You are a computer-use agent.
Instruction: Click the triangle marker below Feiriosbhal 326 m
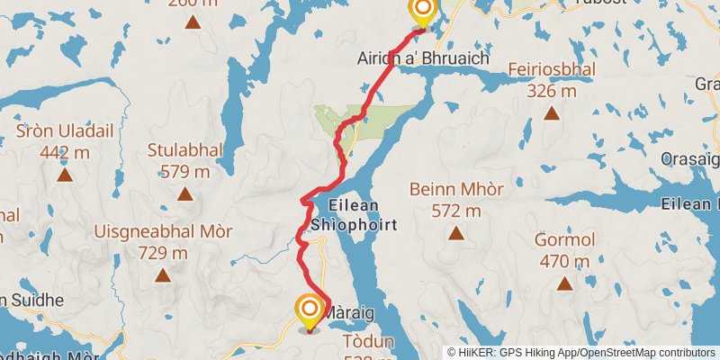(x=552, y=114)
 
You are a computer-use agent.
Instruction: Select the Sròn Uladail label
(x=65, y=131)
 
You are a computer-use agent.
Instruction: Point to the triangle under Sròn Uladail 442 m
(x=65, y=175)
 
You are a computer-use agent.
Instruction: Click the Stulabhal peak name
(x=184, y=150)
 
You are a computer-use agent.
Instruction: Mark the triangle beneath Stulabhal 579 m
(x=184, y=193)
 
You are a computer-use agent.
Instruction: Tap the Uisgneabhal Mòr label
(x=162, y=232)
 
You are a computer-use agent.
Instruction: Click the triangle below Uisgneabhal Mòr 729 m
(x=162, y=275)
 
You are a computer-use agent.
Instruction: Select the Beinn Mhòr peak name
(x=455, y=190)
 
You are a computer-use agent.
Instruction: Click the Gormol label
(x=564, y=240)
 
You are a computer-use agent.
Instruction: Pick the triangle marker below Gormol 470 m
(x=564, y=283)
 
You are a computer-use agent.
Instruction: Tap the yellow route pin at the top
(x=422, y=11)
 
